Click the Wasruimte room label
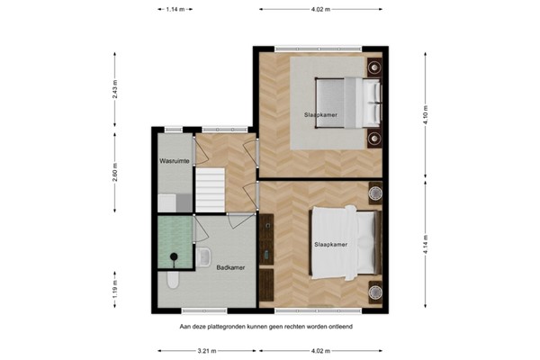point(174,160)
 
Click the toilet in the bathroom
point(173,282)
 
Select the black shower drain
point(170,261)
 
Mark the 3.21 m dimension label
point(208,351)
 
